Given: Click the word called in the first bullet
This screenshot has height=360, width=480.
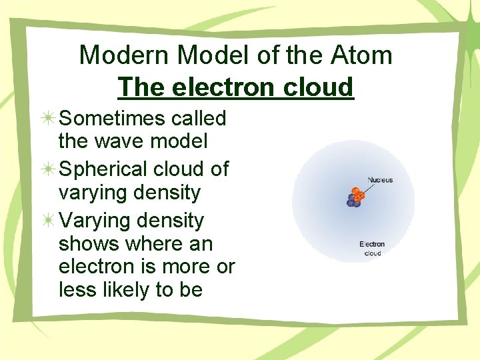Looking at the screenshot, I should [x=199, y=119].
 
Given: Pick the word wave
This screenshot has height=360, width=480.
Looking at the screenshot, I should [x=121, y=141].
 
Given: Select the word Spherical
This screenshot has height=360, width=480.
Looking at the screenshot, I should [x=105, y=169].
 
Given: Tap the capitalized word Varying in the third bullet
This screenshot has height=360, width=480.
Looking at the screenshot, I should [x=97, y=220].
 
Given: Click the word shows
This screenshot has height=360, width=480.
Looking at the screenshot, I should [x=87, y=244].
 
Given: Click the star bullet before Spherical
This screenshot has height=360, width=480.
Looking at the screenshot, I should [x=48, y=170].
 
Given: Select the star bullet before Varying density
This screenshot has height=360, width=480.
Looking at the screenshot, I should [x=48, y=221].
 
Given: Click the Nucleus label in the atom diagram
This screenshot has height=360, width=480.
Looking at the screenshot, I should [x=380, y=180].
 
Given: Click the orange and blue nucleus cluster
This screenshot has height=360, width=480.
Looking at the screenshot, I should [x=355, y=197].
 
